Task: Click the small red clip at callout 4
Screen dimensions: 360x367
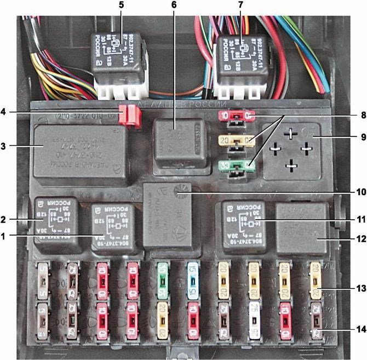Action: coord(132,115)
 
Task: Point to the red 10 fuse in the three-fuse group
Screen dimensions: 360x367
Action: coord(236,117)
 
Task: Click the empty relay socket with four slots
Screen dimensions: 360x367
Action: coord(292,147)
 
